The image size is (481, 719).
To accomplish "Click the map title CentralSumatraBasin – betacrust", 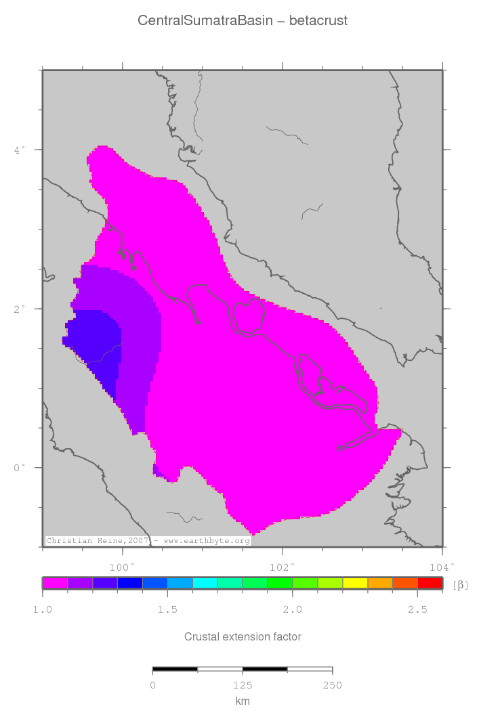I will (x=242, y=21).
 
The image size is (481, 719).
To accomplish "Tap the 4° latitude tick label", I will (x=20, y=149).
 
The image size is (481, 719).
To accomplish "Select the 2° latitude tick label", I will (x=20, y=308).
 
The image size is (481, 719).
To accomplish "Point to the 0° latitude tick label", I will (x=20, y=467).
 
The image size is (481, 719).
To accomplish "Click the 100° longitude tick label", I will (x=122, y=566).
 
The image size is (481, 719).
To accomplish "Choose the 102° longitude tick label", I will (x=282, y=566).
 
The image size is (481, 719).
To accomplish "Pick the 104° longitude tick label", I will (x=441, y=566).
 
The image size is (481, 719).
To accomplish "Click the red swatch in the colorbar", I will (x=430, y=583).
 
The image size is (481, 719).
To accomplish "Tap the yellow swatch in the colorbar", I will (x=355, y=583).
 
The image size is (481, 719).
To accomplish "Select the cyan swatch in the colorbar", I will (x=205, y=583).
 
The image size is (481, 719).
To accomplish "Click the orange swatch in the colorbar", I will (x=380, y=583).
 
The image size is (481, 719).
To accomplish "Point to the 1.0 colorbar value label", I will (x=43, y=609).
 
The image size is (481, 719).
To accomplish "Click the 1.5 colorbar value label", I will (x=167, y=609).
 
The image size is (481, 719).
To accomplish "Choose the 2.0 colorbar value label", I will (x=293, y=609).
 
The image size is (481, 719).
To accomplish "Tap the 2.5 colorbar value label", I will (x=417, y=609).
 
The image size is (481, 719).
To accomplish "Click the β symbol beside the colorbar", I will (x=461, y=584).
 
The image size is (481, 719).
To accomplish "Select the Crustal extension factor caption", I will (x=243, y=636).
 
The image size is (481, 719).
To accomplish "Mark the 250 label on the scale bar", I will (x=332, y=685).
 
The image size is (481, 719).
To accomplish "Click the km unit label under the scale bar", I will (x=242, y=701).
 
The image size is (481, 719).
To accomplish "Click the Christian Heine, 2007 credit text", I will (x=98, y=541).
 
